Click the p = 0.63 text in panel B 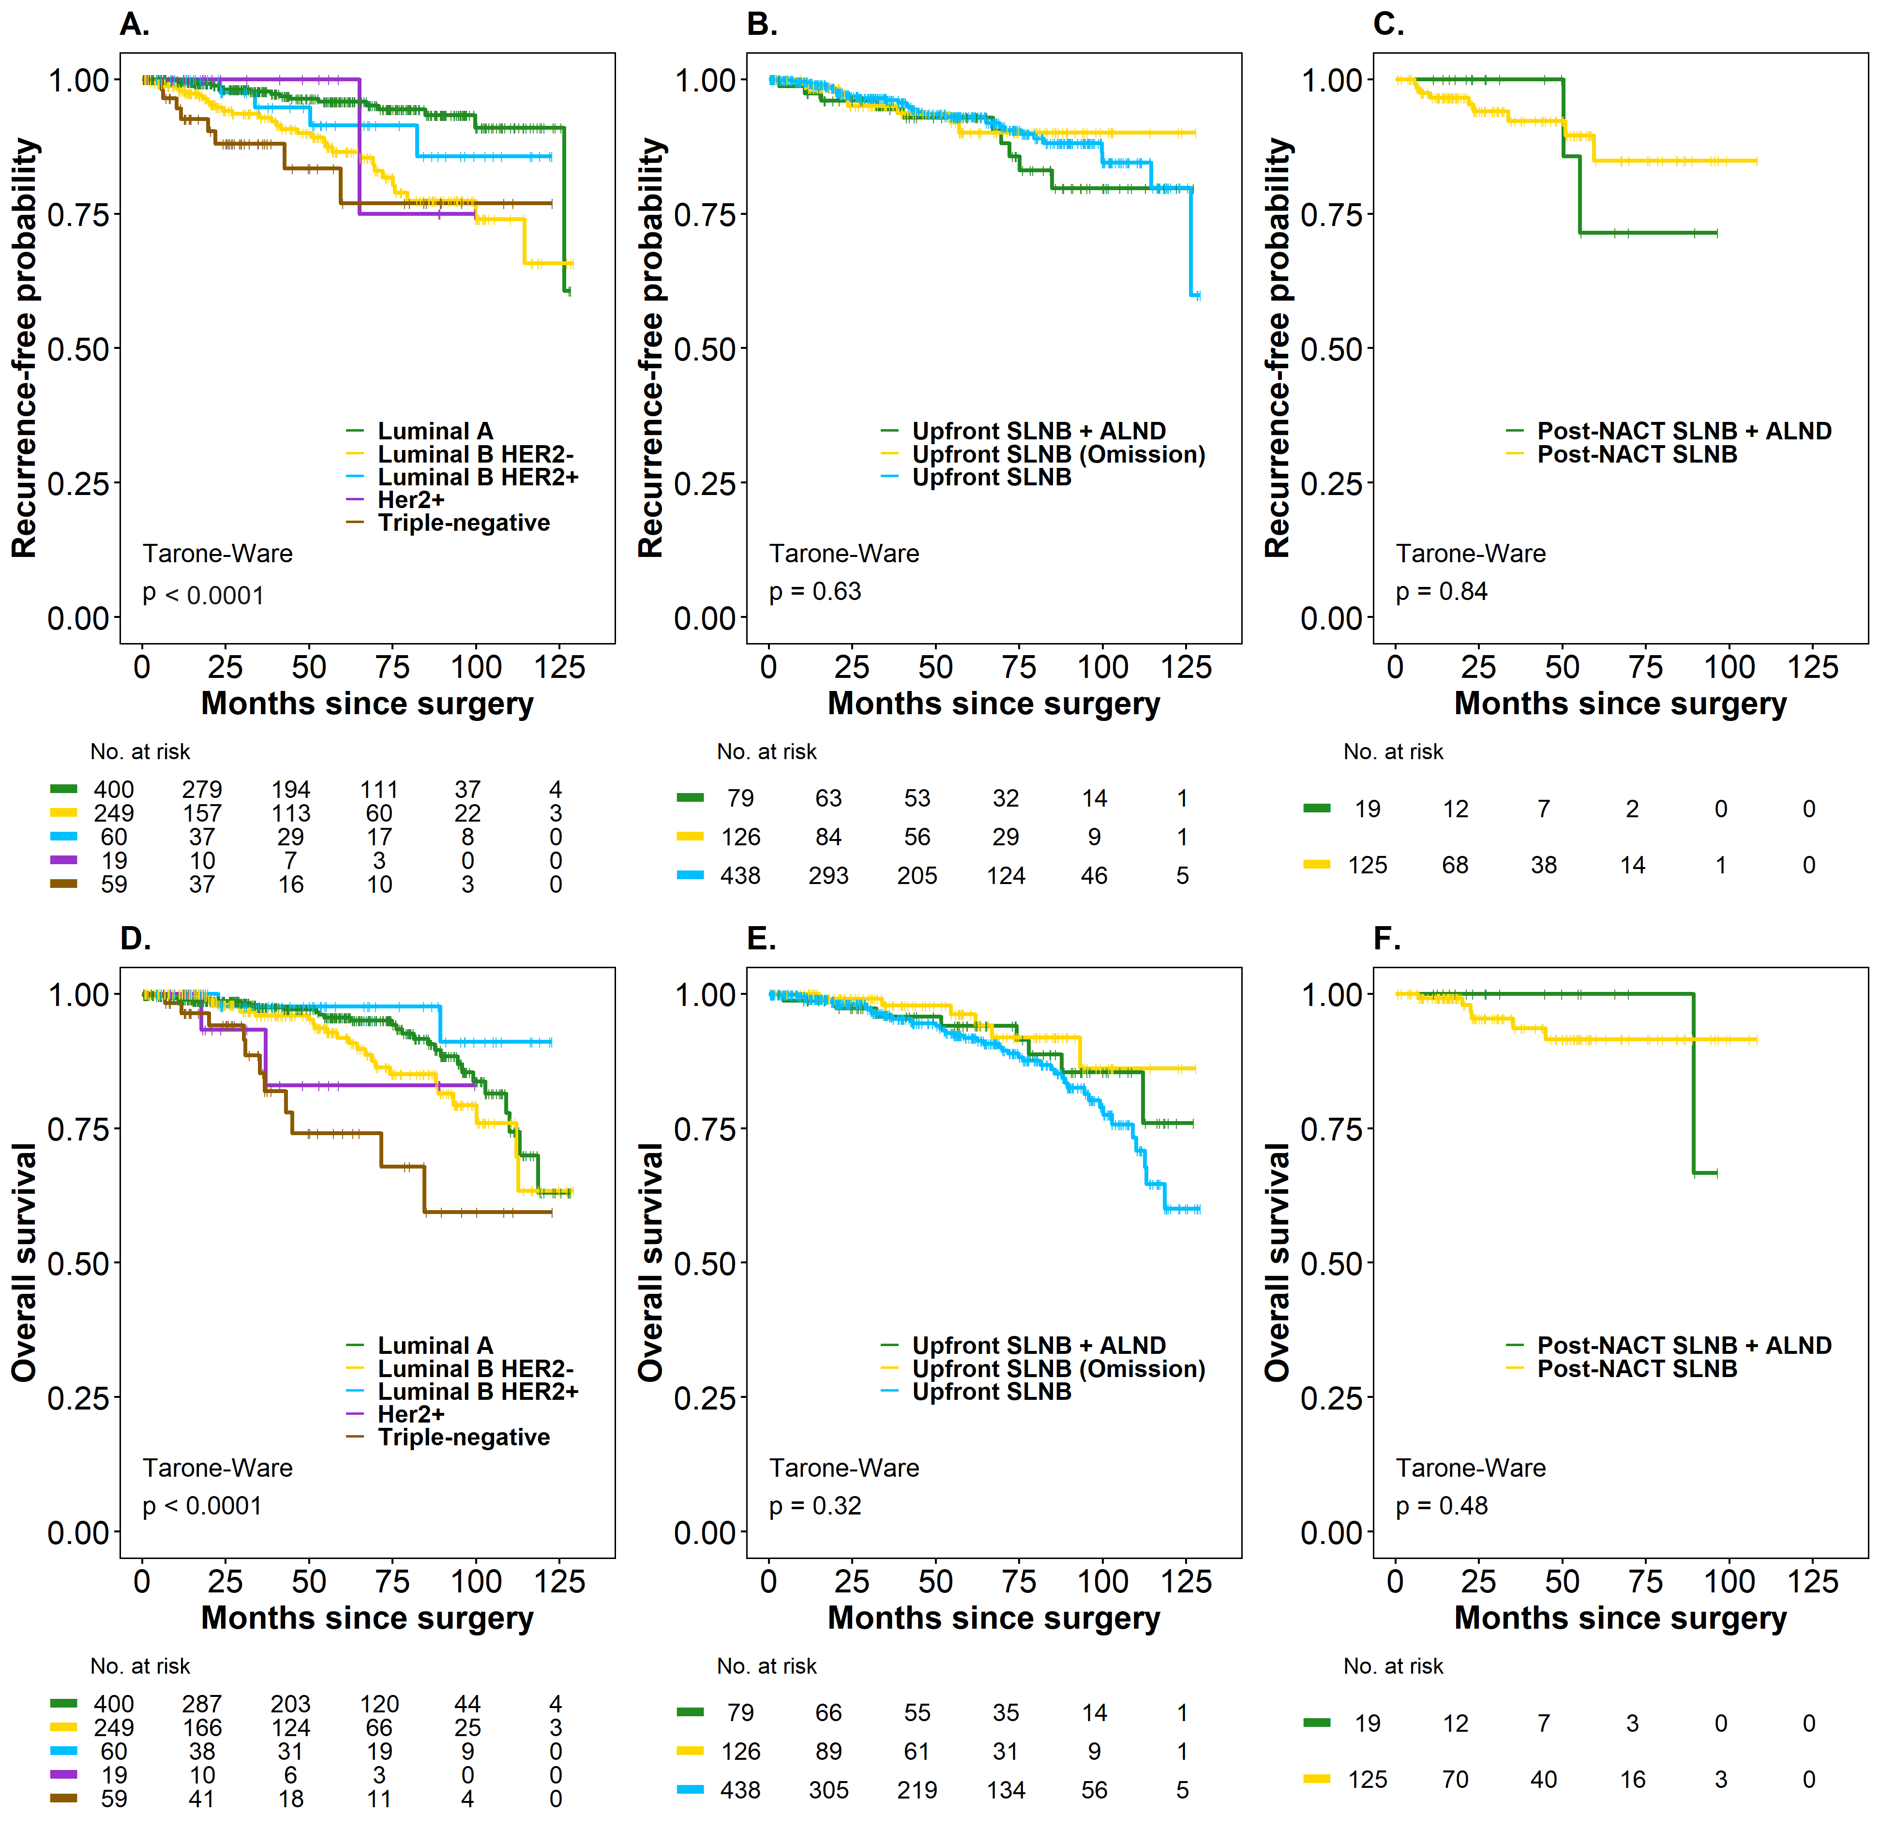[x=814, y=592]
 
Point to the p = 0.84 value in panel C [x=1441, y=592]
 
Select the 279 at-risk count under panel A [x=202, y=790]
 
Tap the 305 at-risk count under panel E [x=828, y=1791]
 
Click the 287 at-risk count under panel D [x=202, y=1704]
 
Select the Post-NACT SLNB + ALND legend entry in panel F [x=1684, y=1346]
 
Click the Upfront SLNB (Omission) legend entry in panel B [x=1058, y=454]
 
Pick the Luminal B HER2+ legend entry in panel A [x=478, y=478]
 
